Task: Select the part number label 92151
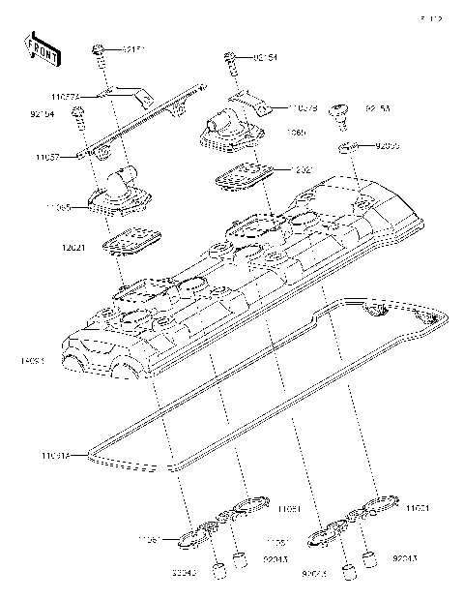click(134, 48)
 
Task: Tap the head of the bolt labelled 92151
click(100, 48)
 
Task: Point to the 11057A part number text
click(66, 96)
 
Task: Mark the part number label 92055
click(386, 145)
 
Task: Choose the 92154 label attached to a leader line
click(259, 57)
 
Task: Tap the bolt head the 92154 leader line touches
click(230, 56)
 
